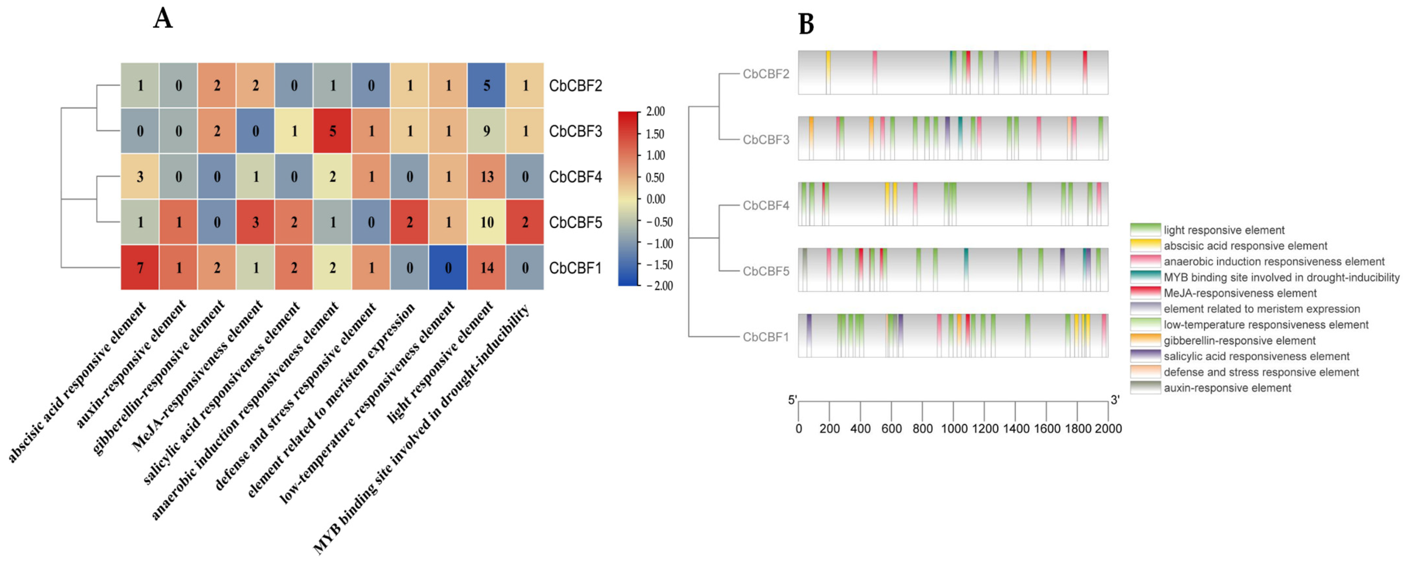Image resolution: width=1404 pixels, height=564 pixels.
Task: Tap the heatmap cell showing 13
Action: click(x=486, y=177)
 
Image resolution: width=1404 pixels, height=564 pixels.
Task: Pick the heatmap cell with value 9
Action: click(x=486, y=131)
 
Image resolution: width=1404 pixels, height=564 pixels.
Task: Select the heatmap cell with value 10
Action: click(x=486, y=222)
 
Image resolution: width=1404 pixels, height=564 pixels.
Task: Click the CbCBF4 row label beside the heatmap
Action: click(x=575, y=177)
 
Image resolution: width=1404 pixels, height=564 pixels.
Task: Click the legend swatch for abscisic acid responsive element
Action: click(x=1145, y=245)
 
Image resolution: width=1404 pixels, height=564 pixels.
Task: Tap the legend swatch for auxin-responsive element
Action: click(x=1145, y=388)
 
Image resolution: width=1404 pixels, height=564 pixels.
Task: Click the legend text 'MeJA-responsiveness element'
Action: click(x=1240, y=293)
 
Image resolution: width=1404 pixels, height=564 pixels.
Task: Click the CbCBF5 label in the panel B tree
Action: click(x=766, y=271)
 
